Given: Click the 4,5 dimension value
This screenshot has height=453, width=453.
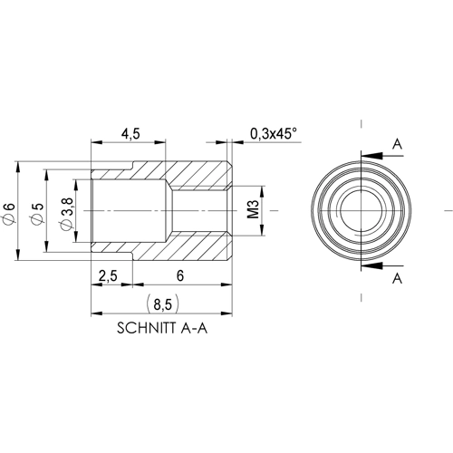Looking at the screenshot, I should (x=130, y=133).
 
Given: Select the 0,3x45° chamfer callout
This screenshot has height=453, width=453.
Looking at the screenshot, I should (x=273, y=133).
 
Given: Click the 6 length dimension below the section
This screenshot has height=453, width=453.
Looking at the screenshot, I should (x=181, y=275).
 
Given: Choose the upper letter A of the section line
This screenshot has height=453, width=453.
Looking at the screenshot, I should (x=396, y=143).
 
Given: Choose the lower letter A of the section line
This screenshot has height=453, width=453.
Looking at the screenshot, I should (x=396, y=280).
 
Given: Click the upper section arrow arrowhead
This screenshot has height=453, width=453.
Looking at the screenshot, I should (x=366, y=155).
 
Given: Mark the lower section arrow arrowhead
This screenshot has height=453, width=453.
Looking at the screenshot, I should (x=366, y=266).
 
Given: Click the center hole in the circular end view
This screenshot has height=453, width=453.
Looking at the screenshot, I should (x=361, y=211).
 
